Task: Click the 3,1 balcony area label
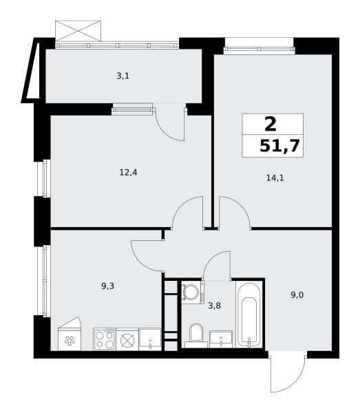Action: (123, 76)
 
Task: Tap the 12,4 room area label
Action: (128, 173)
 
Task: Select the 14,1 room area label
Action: (275, 178)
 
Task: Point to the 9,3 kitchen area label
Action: (107, 286)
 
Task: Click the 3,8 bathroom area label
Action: (214, 306)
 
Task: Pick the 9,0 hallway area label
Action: (297, 295)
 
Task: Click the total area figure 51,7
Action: (279, 146)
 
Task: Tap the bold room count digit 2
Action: (271, 125)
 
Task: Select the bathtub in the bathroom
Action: (249, 315)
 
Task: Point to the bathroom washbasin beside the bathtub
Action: (221, 339)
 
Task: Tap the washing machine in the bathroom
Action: (193, 293)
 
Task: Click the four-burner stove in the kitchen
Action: (105, 339)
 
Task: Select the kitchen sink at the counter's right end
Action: (150, 339)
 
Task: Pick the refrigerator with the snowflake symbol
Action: (70, 334)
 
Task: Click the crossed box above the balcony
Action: (78, 31)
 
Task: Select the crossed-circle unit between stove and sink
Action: (127, 339)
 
